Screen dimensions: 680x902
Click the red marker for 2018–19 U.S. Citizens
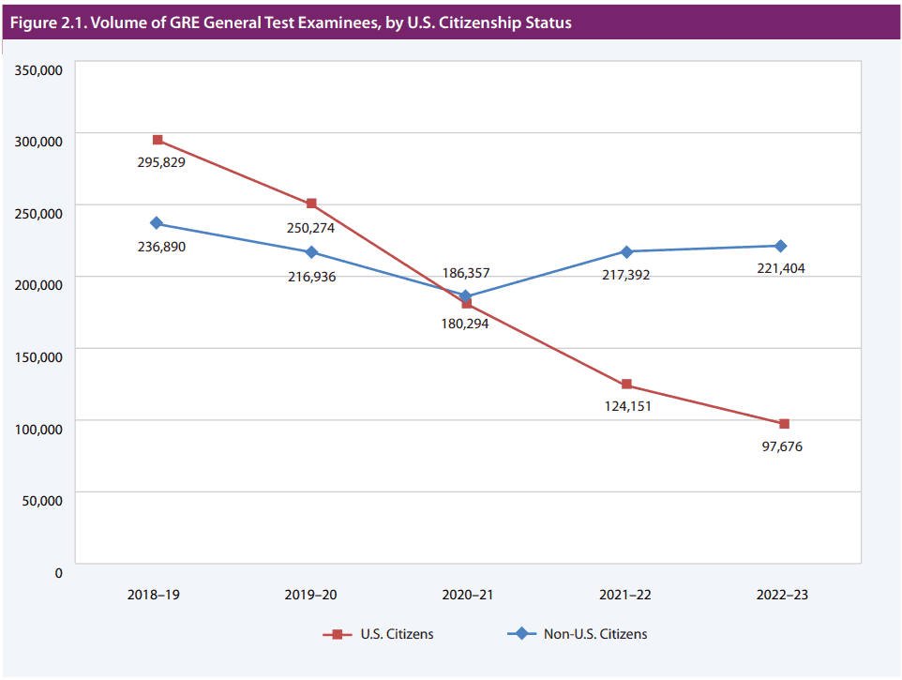coord(158,140)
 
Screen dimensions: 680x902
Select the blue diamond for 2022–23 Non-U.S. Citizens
coord(779,246)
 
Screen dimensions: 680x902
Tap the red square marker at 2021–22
coord(626,385)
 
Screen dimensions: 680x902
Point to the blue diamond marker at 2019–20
coord(311,252)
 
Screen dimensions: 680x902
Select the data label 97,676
coord(782,446)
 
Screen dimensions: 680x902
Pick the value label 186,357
coord(465,273)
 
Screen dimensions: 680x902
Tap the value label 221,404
coord(780,268)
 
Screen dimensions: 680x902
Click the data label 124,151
coord(626,406)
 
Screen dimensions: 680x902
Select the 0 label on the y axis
coord(58,571)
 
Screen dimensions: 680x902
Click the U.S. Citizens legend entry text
coord(397,634)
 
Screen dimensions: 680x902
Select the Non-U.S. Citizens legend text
coord(595,634)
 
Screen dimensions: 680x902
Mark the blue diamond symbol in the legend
coord(521,634)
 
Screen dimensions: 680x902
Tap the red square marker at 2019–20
coord(311,204)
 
